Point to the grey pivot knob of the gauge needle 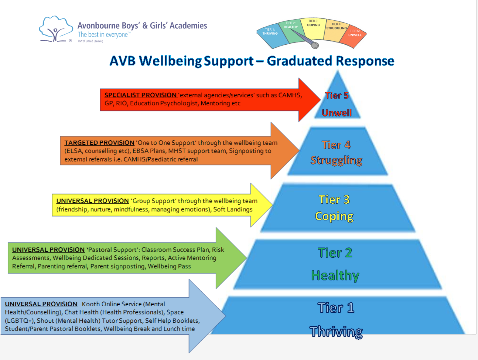[315, 46]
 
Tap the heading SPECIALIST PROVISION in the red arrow [140, 95]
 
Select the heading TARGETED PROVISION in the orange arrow [99, 143]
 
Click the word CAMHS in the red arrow [289, 95]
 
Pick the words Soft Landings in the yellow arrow [233, 209]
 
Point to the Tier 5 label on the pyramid [336, 95]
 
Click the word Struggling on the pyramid [336, 160]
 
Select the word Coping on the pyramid [334, 216]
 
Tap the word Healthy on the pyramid [335, 275]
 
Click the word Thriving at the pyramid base [336, 331]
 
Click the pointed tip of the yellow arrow [271, 205]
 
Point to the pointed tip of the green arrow [246, 258]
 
